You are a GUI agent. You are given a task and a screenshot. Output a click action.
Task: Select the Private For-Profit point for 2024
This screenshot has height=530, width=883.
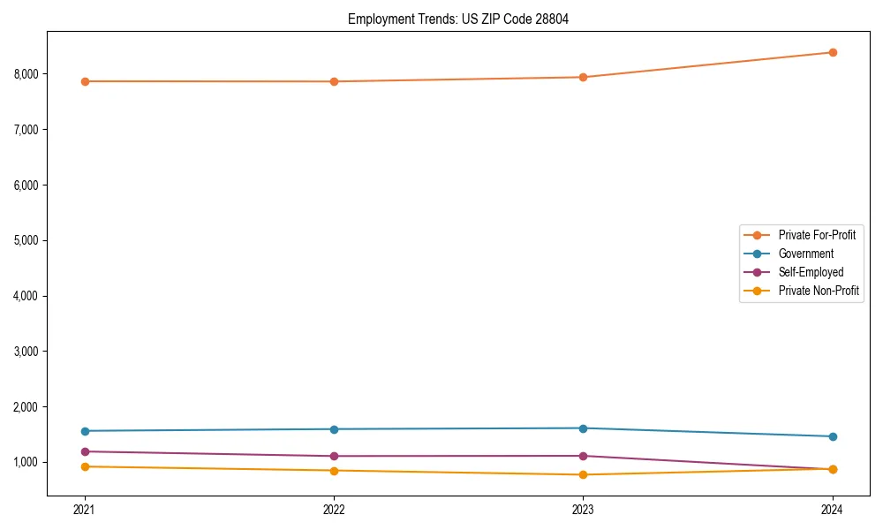tap(832, 52)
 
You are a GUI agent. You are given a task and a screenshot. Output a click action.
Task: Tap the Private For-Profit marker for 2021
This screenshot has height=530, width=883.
tap(85, 81)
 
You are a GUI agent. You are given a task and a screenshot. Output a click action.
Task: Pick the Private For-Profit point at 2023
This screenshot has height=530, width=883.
tap(583, 77)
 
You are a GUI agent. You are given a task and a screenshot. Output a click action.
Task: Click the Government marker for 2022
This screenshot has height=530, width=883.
tap(334, 429)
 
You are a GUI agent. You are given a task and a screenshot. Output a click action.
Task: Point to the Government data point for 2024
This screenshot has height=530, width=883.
tap(832, 436)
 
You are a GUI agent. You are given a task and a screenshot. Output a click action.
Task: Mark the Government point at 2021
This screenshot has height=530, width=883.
tap(85, 431)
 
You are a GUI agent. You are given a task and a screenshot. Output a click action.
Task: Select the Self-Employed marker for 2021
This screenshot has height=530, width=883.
tap(85, 451)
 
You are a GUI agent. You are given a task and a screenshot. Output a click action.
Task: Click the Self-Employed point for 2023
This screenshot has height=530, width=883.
tap(583, 456)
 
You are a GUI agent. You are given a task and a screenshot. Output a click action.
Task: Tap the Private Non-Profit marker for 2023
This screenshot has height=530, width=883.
tap(583, 474)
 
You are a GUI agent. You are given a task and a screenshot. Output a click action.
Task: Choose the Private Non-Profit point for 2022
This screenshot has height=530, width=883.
tap(334, 470)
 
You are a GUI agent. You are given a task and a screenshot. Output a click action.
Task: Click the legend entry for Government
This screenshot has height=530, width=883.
tap(805, 254)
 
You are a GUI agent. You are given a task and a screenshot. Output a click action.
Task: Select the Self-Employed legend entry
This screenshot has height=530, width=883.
tap(811, 272)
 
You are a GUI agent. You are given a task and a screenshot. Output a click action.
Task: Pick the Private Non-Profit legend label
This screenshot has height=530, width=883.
tap(819, 291)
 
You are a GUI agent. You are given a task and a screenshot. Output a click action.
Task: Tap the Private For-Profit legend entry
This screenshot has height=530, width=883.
tap(817, 235)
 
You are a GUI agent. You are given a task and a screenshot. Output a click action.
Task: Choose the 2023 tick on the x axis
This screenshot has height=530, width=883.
tap(583, 509)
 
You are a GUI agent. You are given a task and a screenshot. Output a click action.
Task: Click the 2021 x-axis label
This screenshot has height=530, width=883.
tap(85, 509)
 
